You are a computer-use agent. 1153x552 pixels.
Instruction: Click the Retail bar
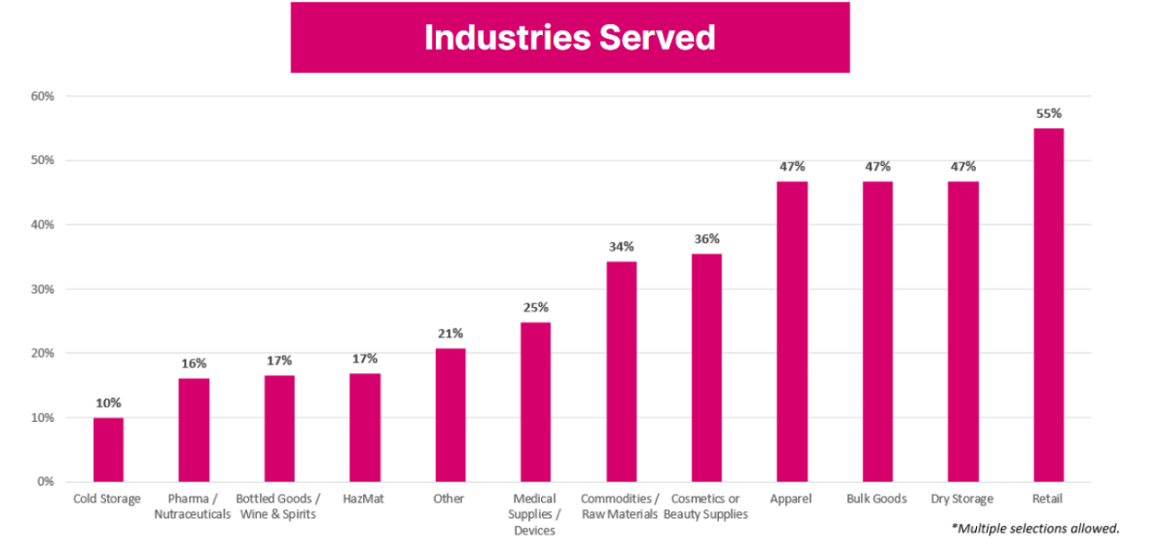pos(1048,305)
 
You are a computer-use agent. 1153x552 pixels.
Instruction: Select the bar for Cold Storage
pos(108,450)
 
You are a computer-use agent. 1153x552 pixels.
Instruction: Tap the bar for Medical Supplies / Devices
pos(535,402)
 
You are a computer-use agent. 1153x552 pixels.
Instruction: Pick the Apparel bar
pos(792,332)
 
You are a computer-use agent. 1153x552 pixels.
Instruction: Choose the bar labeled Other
pos(450,415)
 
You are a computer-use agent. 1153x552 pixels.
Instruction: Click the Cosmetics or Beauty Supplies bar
pos(706,368)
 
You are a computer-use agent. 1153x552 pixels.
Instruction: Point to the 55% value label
pos(1048,113)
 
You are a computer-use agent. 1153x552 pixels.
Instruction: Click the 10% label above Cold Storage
pos(108,403)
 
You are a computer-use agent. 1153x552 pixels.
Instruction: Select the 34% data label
pos(620,247)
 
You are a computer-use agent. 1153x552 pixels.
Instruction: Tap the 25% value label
pos(535,307)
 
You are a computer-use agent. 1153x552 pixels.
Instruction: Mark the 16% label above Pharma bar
pos(194,363)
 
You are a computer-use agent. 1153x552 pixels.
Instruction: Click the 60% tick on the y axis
pos(42,96)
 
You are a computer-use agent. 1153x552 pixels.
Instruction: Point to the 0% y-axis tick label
pos(46,482)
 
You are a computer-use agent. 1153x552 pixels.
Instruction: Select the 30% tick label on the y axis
pos(42,289)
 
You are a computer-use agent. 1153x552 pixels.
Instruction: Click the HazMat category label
pos(364,499)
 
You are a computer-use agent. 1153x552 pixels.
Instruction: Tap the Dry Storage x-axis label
pos(962,499)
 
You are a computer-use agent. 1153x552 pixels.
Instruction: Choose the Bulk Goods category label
pos(877,499)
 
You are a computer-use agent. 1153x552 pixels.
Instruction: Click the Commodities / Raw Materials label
pos(620,506)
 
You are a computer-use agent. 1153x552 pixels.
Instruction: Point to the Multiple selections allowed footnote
pos(1035,529)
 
